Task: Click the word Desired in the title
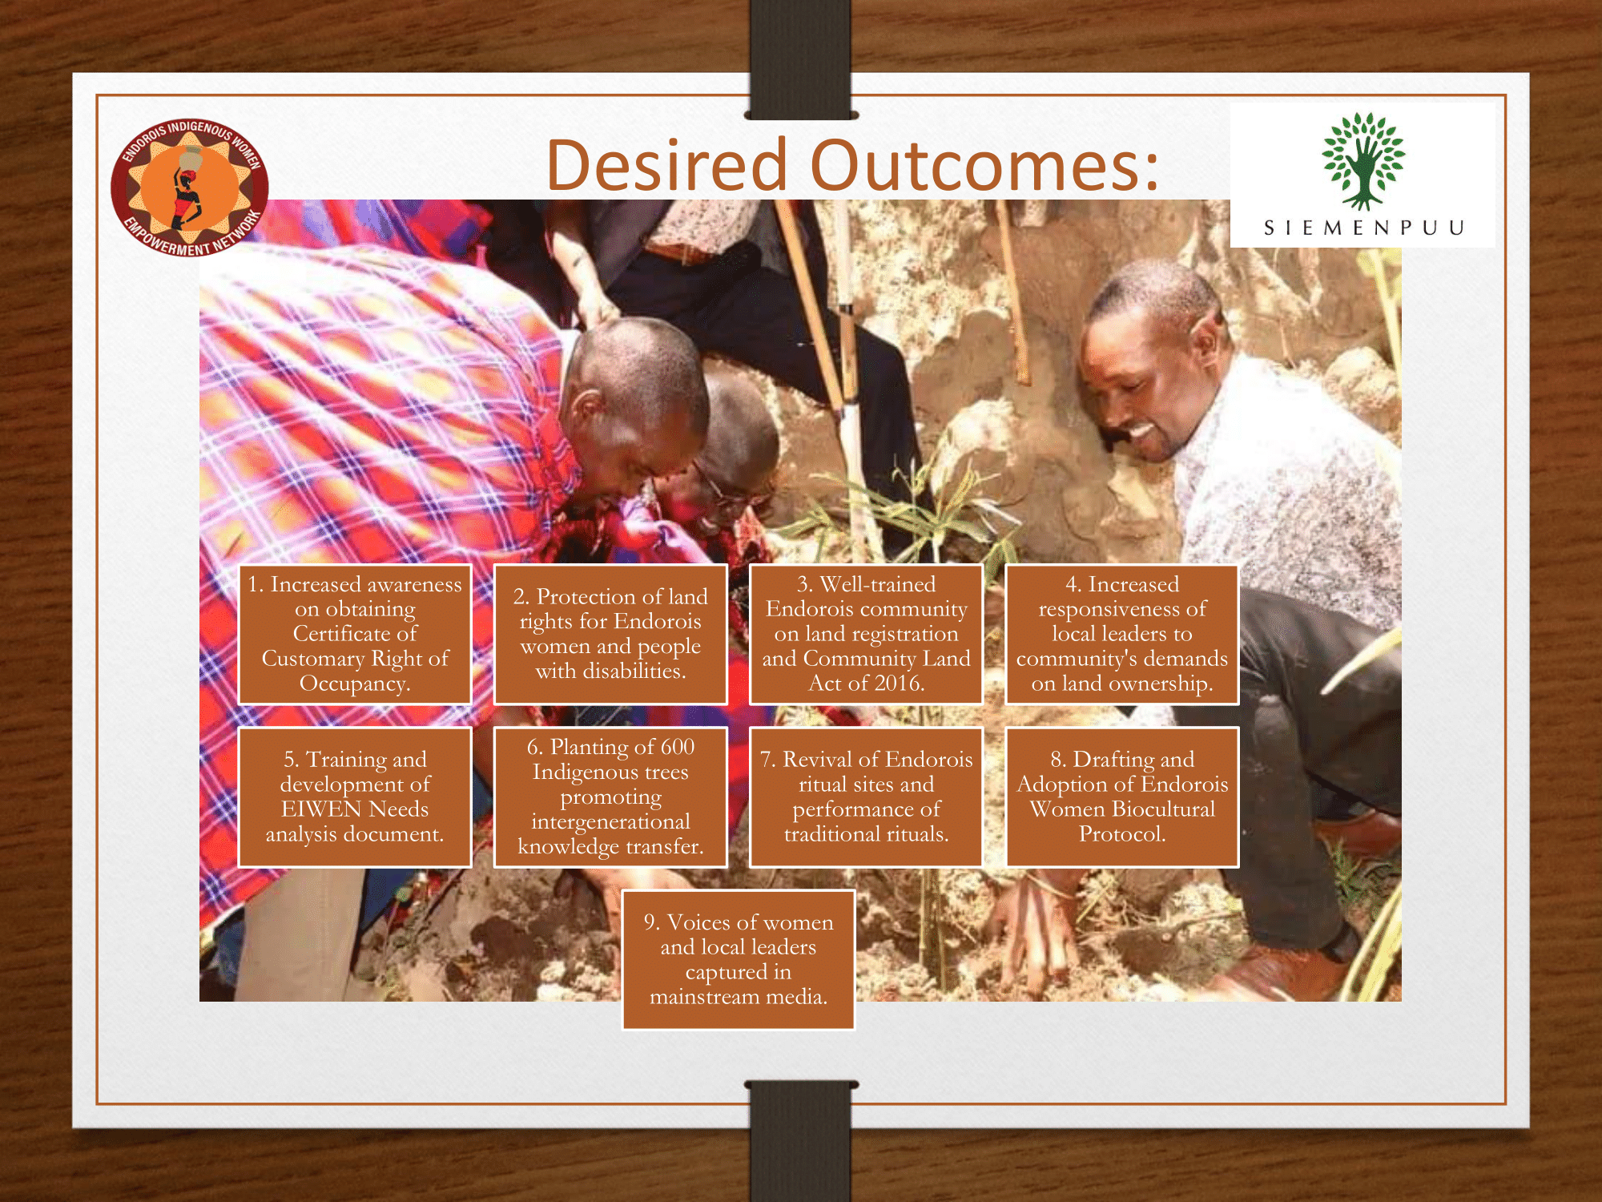point(666,164)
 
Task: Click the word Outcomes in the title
point(984,165)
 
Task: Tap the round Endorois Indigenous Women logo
point(190,187)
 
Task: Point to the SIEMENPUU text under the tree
point(1363,228)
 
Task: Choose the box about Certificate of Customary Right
point(355,634)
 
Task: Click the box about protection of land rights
point(610,634)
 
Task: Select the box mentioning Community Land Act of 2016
point(866,634)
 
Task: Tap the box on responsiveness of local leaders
point(1122,634)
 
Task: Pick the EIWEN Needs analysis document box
point(355,797)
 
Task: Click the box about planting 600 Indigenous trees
point(610,797)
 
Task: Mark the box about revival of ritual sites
point(866,797)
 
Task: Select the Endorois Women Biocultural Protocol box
point(1122,797)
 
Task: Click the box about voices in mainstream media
point(739,959)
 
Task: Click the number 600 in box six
point(677,747)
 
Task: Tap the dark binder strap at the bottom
point(801,1141)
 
